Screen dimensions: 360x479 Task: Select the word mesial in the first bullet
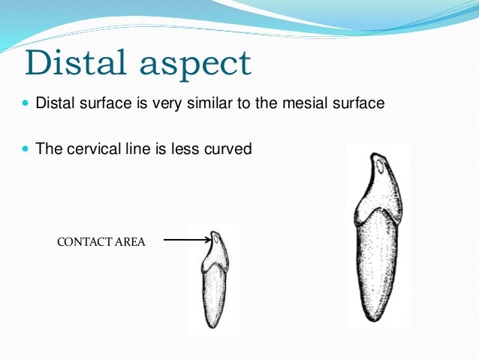point(303,104)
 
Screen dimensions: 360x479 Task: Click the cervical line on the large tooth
point(375,216)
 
